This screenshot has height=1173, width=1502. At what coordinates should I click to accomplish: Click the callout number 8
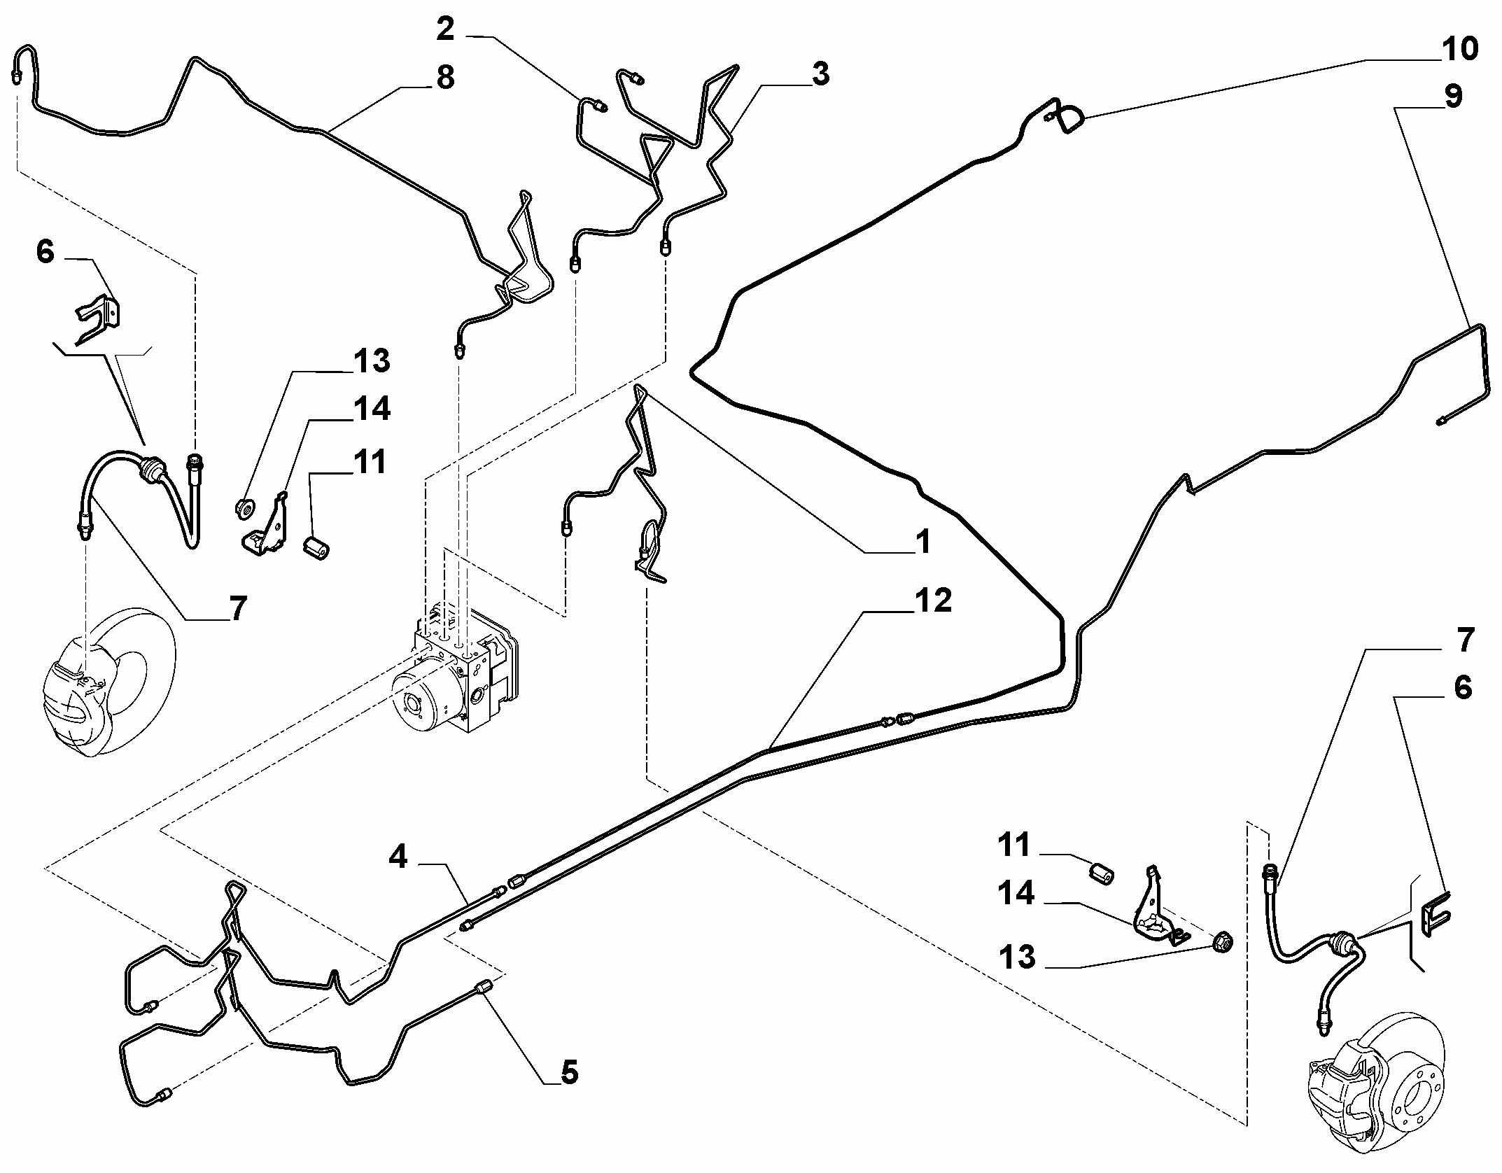445,77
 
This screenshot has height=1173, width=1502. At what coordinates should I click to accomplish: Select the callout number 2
445,29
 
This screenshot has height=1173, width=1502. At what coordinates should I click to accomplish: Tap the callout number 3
820,73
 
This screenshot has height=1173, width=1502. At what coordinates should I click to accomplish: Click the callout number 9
1453,96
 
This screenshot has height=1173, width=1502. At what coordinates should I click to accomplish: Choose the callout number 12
933,600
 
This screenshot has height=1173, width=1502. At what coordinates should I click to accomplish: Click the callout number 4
398,857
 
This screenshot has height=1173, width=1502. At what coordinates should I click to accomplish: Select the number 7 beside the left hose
238,608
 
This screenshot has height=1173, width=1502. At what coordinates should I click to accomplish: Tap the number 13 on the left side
371,362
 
